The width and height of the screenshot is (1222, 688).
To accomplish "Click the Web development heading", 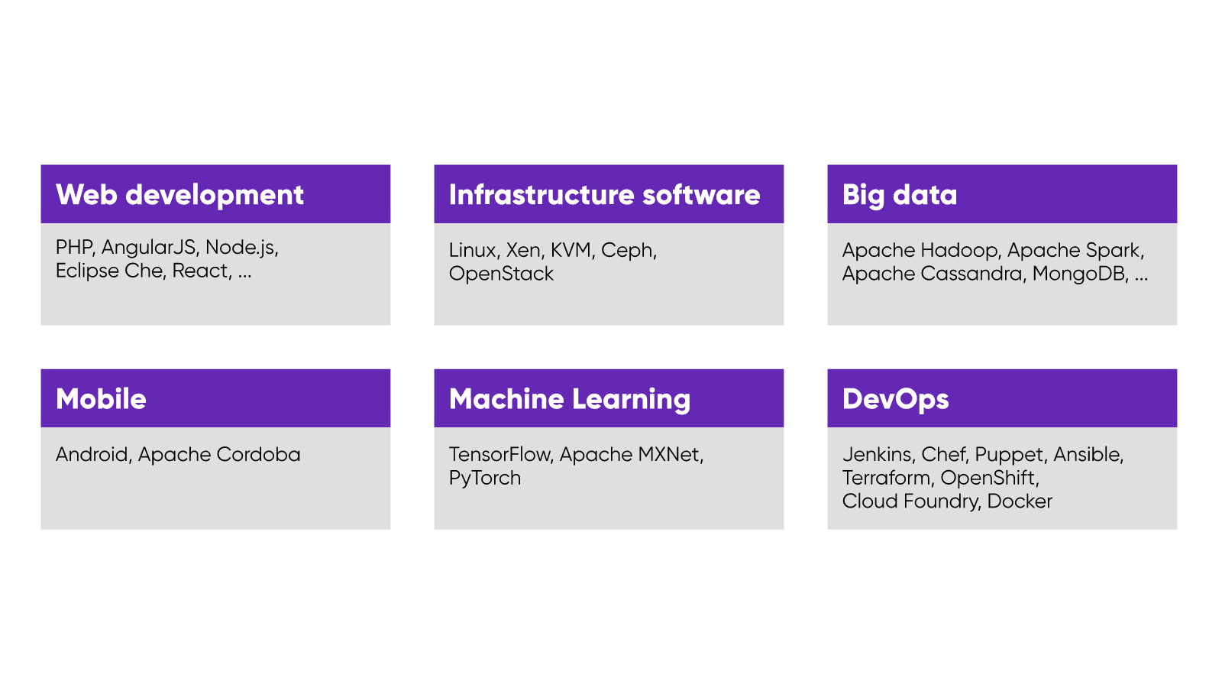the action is (179, 195).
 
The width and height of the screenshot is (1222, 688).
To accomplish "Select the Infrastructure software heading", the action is (604, 195).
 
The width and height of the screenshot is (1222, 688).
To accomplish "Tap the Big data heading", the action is (900, 196).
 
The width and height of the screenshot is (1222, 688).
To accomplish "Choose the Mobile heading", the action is (101, 399).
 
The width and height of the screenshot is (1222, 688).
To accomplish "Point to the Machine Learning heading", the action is (570, 400).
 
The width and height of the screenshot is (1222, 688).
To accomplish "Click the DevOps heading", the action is (896, 400).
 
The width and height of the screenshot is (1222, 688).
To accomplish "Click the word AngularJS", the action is (149, 248).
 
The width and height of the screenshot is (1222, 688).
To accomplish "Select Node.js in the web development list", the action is (241, 248).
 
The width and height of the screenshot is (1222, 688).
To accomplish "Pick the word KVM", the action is (571, 250).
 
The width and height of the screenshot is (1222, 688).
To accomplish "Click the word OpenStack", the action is (501, 274).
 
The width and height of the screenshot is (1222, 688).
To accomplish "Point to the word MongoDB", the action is (1081, 274).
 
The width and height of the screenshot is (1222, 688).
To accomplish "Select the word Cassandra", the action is (971, 274).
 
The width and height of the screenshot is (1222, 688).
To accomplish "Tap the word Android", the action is (92, 454).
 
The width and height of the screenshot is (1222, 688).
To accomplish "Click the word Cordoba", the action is (258, 454).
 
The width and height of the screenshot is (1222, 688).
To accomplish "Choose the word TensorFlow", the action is (499, 454).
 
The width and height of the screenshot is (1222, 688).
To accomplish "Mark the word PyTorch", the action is (485, 479).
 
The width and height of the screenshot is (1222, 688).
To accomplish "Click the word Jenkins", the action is (877, 454).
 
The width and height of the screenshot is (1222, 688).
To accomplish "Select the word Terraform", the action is (886, 478).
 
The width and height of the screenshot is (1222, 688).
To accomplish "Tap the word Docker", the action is (1020, 501).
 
